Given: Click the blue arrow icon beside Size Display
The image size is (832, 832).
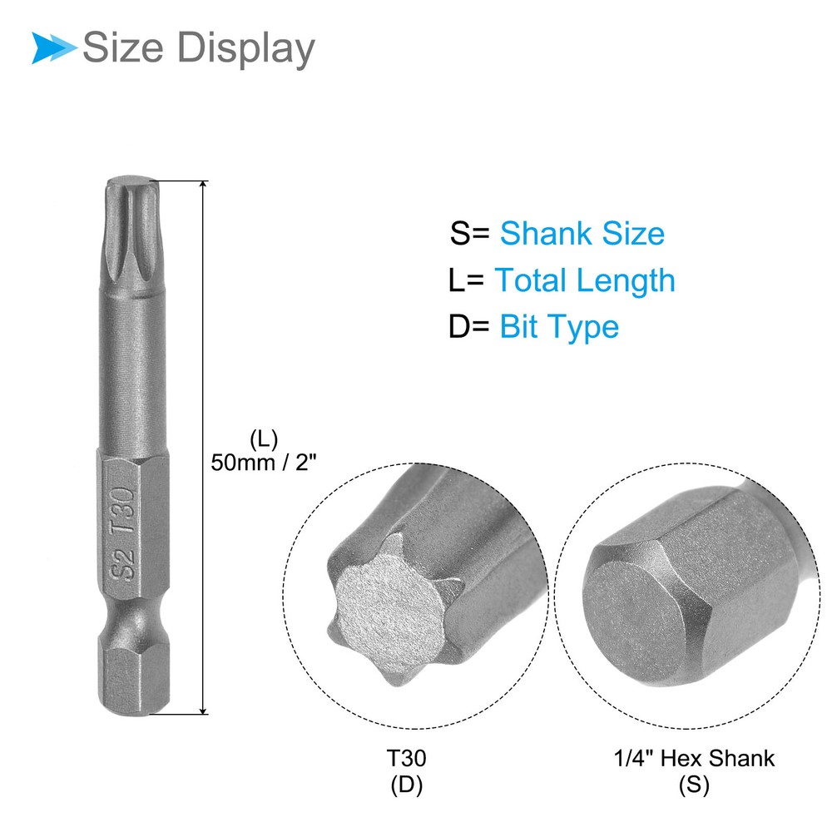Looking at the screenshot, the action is [54, 47].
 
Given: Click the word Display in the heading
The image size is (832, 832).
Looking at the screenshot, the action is [245, 49].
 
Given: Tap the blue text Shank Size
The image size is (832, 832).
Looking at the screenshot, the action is [582, 234].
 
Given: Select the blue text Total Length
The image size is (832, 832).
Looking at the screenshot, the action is [585, 280].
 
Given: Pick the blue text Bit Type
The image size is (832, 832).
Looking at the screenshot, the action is [559, 327].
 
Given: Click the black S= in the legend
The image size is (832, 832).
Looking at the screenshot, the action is [469, 234].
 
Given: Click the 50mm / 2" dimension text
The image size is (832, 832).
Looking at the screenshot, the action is [264, 463].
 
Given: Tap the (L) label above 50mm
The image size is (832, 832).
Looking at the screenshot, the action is [264, 440].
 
